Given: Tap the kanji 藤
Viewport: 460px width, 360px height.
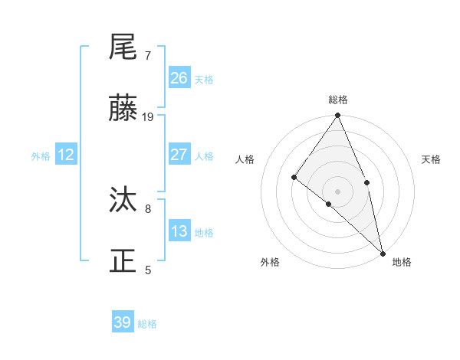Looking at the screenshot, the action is [x=124, y=109].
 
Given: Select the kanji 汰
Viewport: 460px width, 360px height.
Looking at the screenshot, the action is [x=124, y=200].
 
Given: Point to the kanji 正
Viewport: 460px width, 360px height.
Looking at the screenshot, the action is [x=124, y=261].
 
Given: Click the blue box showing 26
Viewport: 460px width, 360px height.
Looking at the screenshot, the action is [x=179, y=78].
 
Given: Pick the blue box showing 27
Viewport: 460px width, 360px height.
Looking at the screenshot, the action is [x=179, y=155].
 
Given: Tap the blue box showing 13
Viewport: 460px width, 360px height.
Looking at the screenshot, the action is [x=179, y=231].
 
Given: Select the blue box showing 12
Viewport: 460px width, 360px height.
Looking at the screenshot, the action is [x=66, y=155].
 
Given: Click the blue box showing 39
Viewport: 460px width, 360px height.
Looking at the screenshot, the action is [x=123, y=322].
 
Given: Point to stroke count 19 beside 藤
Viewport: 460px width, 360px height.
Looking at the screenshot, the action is [x=148, y=117].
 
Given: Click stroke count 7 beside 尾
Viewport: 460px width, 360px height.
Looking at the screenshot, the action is [x=148, y=56].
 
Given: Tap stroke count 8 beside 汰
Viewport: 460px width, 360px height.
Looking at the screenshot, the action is [x=148, y=208].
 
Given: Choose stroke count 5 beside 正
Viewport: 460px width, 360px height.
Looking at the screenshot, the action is [x=148, y=270].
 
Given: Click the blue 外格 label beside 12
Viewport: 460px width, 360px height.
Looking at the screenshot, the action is [x=41, y=156].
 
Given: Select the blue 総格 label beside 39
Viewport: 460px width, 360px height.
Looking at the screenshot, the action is [x=147, y=324].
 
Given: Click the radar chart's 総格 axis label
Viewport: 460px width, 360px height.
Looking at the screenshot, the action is [x=338, y=100].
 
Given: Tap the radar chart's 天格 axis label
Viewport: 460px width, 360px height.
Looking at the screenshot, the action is [x=431, y=159].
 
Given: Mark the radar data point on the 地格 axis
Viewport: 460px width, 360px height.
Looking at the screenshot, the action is [x=383, y=253].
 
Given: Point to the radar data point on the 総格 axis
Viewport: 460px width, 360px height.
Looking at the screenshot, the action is [x=338, y=116].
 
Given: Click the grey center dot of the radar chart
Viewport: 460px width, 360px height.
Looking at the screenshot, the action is [x=338, y=191].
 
